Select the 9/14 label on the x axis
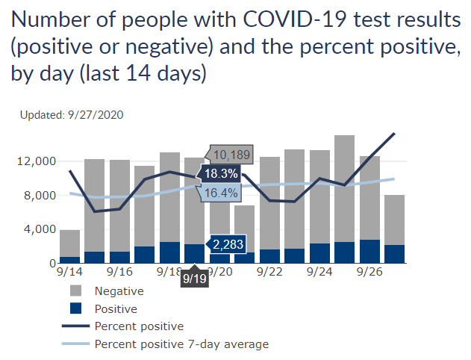click(70, 274)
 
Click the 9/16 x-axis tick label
click(120, 274)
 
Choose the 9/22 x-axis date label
click(270, 274)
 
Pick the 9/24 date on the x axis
click(320, 274)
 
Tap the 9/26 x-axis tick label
click(370, 274)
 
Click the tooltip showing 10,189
click(231, 155)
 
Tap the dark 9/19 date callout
click(195, 279)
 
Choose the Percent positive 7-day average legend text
click(181, 344)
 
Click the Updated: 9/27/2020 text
click(72, 115)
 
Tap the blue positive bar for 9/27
click(395, 254)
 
